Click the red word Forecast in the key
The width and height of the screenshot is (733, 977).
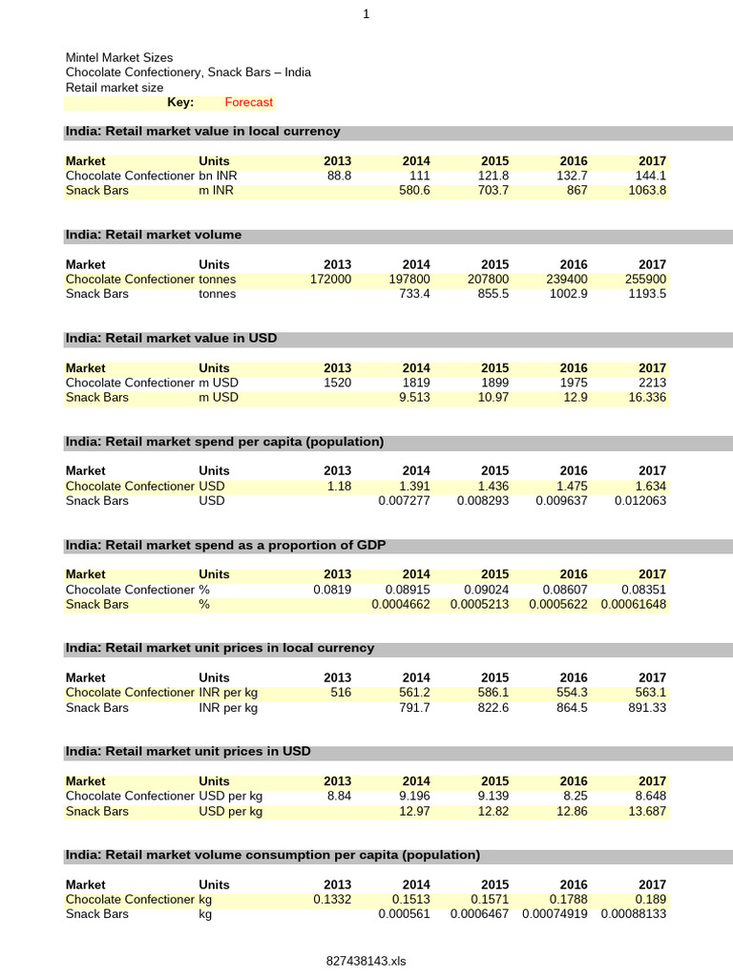click(248, 102)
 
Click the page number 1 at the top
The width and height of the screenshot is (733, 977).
click(366, 14)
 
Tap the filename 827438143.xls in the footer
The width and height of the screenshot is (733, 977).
click(366, 961)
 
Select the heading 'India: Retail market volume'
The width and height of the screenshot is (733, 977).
click(154, 235)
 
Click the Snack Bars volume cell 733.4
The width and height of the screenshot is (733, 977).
click(416, 294)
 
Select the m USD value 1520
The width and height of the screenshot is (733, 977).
click(337, 383)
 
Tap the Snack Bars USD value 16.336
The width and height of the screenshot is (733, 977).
click(646, 397)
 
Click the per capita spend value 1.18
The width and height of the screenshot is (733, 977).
click(339, 486)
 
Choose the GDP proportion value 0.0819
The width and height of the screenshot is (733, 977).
click(332, 590)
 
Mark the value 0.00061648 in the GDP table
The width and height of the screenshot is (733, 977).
click(634, 604)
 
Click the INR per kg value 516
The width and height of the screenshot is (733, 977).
click(341, 693)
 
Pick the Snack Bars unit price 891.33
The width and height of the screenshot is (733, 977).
click(646, 707)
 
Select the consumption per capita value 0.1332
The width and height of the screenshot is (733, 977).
click(332, 899)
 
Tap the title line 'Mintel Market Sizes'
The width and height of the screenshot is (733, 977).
click(119, 58)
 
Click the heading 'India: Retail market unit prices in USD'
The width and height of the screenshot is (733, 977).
click(188, 752)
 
